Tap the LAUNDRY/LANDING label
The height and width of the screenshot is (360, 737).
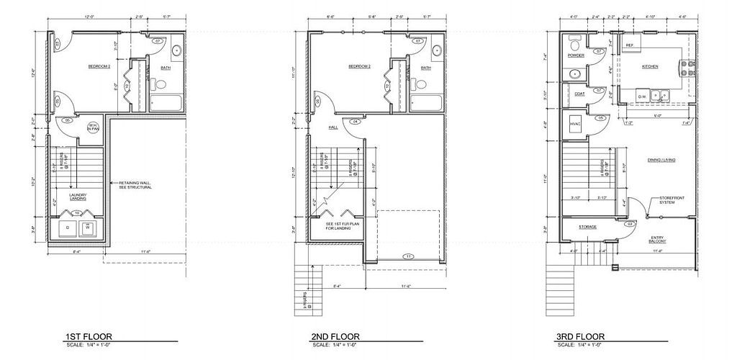pyautogui.click(x=78, y=197)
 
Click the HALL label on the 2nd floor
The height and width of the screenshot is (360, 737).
pyautogui.click(x=333, y=127)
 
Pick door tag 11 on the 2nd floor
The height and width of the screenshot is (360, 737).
pyautogui.click(x=407, y=256)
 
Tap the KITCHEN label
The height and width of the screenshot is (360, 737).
pyautogui.click(x=650, y=66)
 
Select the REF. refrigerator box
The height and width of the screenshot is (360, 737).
pyautogui.click(x=629, y=45)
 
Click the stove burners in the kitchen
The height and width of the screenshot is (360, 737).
pyautogui.click(x=686, y=69)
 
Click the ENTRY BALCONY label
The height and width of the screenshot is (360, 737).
pyautogui.click(x=657, y=239)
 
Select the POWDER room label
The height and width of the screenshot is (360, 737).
pyautogui.click(x=576, y=55)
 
